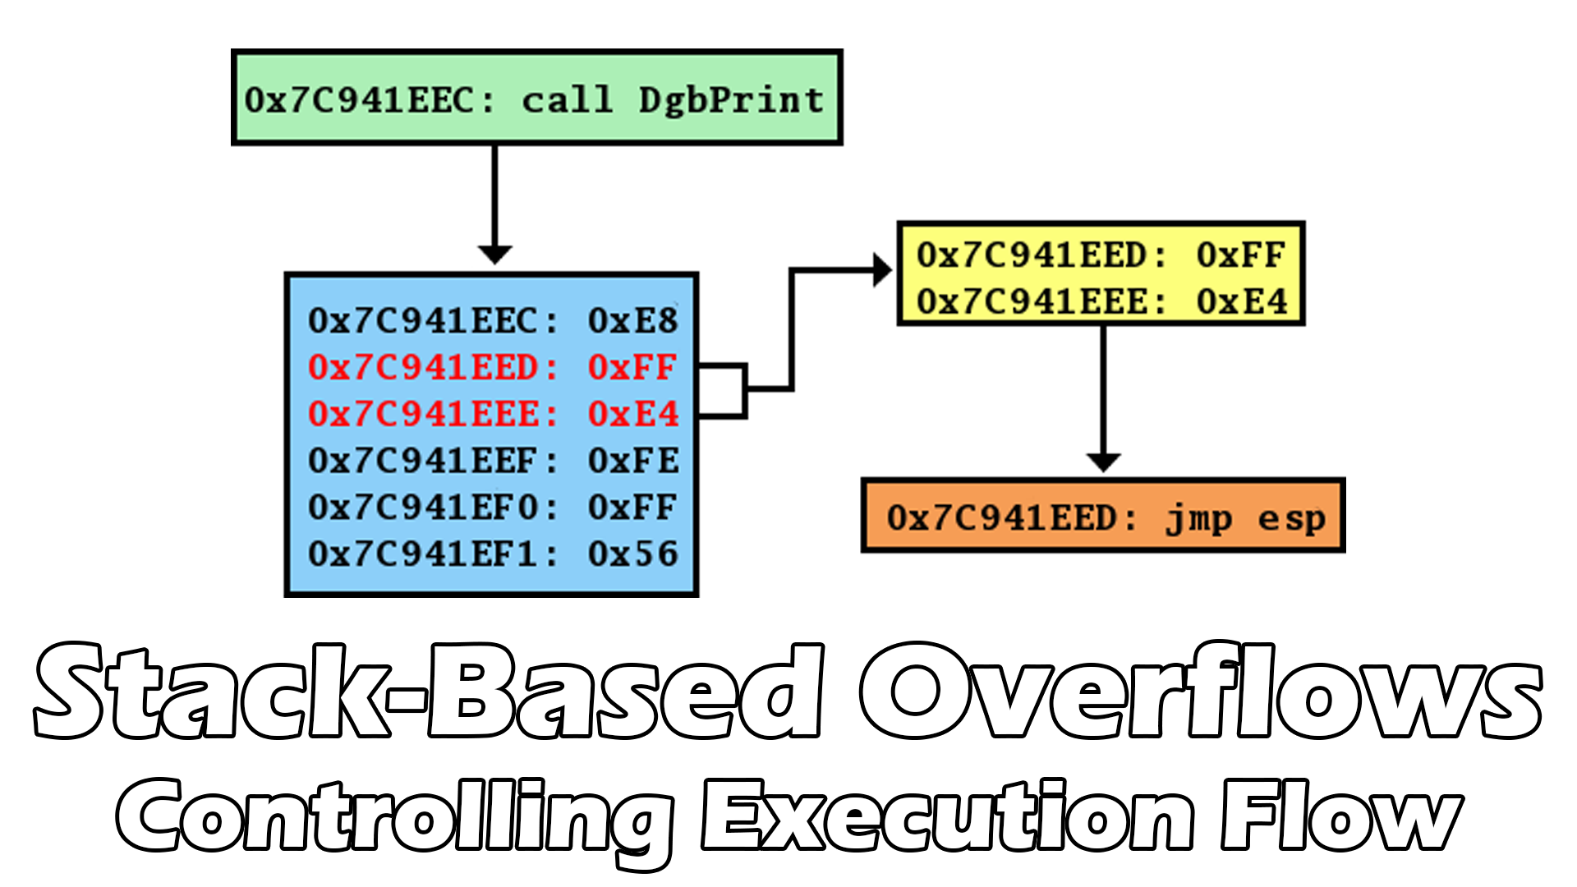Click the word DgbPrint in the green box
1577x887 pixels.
(731, 100)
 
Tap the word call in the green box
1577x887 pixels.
(568, 100)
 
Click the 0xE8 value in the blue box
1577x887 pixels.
(632, 320)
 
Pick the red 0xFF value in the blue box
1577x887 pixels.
(632, 367)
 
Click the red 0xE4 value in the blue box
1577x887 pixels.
(632, 414)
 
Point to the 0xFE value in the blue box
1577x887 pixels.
(632, 461)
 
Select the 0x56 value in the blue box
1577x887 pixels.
(632, 554)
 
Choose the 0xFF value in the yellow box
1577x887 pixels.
(1240, 255)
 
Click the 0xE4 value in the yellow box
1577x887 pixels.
(1240, 301)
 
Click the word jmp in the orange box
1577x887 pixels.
(1199, 518)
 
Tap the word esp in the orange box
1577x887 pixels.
(1291, 518)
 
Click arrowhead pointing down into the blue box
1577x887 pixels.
(494, 255)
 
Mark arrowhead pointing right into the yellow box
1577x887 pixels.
(883, 269)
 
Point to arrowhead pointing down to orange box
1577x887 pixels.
(1103, 462)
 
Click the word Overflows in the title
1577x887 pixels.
(1199, 692)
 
